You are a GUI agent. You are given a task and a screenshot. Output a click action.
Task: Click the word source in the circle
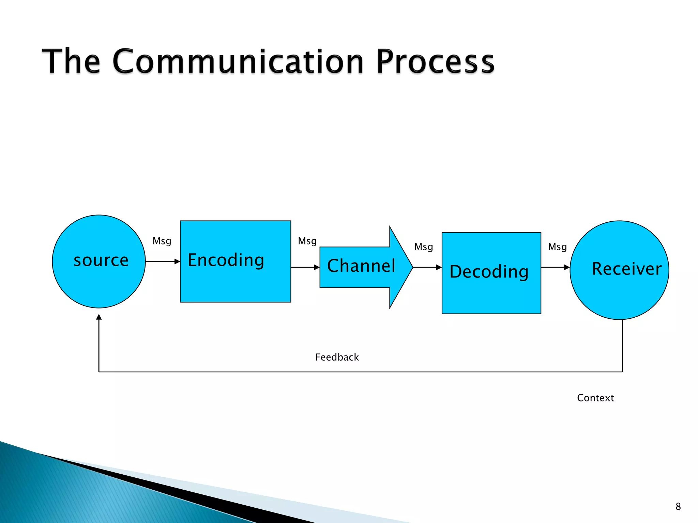coord(101,261)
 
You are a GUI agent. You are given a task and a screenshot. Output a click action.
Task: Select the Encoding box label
coord(226,260)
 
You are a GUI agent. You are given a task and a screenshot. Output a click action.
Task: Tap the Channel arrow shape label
coord(361,266)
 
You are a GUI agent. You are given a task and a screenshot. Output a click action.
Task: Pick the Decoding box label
coord(489,272)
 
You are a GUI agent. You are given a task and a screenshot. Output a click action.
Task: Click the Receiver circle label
coord(626,269)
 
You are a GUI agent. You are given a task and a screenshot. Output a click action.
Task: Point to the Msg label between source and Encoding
coord(162,241)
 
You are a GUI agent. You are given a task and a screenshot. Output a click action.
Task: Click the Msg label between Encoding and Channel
coord(307,241)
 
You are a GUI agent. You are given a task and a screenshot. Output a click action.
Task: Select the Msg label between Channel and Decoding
coord(423,247)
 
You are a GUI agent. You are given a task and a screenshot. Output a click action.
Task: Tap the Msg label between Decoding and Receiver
coord(557,247)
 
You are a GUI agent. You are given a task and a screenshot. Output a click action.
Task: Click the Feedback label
coord(337,357)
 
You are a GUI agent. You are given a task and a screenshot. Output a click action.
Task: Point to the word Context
coord(595,398)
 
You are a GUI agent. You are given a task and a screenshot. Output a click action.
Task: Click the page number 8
coord(678,507)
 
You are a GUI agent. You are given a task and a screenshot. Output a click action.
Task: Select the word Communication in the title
coord(238,62)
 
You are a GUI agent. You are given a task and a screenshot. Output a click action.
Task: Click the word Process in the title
coord(435,62)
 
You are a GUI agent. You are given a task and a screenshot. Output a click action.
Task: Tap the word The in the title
coord(71,62)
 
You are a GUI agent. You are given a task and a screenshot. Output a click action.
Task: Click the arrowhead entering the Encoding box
coord(177,261)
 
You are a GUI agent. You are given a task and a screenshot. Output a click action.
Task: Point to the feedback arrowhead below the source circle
coord(99,317)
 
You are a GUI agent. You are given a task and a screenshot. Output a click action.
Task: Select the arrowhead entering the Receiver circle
coord(567,267)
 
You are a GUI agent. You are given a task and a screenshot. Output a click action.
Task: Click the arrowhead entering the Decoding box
coord(439,267)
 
